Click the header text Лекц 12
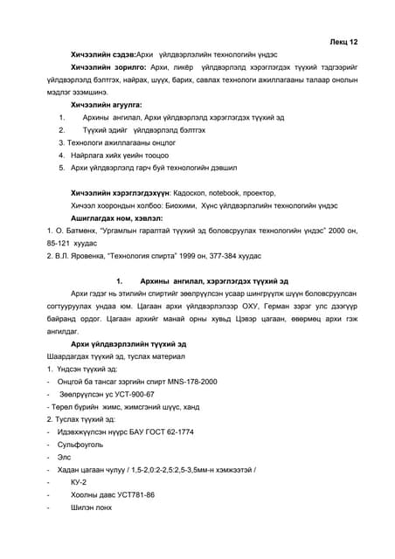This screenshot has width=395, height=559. tap(343, 41)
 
